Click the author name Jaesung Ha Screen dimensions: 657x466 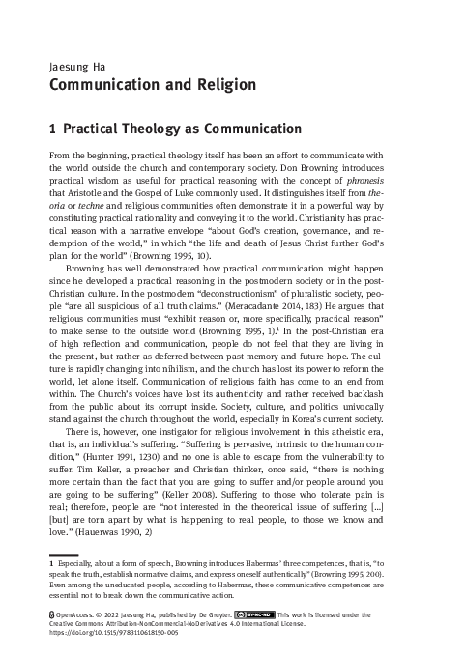[x=73, y=68]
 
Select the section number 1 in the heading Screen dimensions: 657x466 [x=51, y=129]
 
